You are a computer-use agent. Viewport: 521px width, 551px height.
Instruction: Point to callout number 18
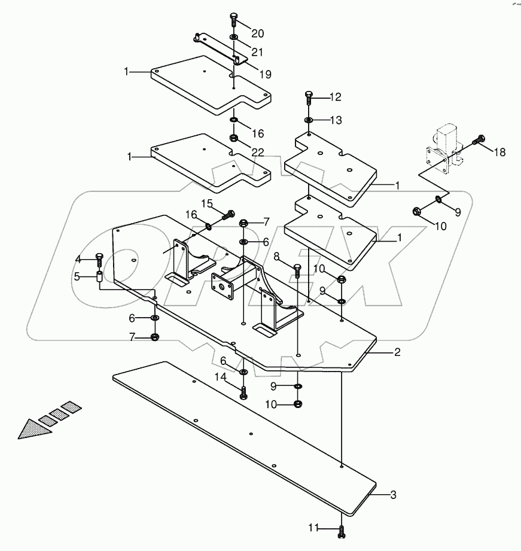[499, 152]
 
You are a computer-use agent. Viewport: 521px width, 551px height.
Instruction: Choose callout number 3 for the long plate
[393, 495]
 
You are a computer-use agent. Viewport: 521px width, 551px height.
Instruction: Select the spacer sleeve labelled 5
[100, 277]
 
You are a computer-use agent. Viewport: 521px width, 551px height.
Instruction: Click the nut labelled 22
[234, 139]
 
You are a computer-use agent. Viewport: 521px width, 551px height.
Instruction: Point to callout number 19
[264, 75]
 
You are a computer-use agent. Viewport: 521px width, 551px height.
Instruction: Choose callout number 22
[257, 152]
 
